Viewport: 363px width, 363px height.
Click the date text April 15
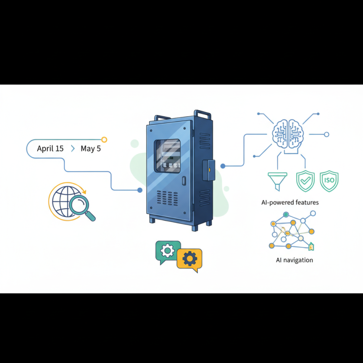pyautogui.click(x=50, y=148)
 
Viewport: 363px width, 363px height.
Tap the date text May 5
pyautogui.click(x=91, y=149)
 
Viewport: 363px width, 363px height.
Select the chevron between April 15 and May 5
pyautogui.click(x=73, y=148)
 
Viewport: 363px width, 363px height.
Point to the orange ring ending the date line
pyautogui.click(x=104, y=140)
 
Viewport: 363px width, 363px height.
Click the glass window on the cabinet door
pyautogui.click(x=167, y=156)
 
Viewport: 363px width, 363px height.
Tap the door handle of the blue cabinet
pyautogui.click(x=184, y=181)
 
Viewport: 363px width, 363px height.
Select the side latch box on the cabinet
pyautogui.click(x=209, y=170)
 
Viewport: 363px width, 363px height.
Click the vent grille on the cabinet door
pyautogui.click(x=167, y=198)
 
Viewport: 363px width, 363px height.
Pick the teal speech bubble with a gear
pyautogui.click(x=167, y=251)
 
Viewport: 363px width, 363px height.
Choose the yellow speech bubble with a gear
pyautogui.click(x=190, y=259)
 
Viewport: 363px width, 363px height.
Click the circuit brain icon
pyautogui.click(x=288, y=134)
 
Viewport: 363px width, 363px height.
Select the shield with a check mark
pyautogui.click(x=305, y=181)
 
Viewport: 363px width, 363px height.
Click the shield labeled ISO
pyautogui.click(x=329, y=181)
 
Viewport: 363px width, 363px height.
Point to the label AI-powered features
pyautogui.click(x=290, y=202)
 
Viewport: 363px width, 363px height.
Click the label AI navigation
pyautogui.click(x=294, y=260)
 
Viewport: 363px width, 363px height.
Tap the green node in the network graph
pyautogui.click(x=286, y=215)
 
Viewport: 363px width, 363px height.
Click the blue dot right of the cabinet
pyautogui.click(x=223, y=166)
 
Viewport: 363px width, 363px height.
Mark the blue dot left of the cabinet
pyautogui.click(x=140, y=190)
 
